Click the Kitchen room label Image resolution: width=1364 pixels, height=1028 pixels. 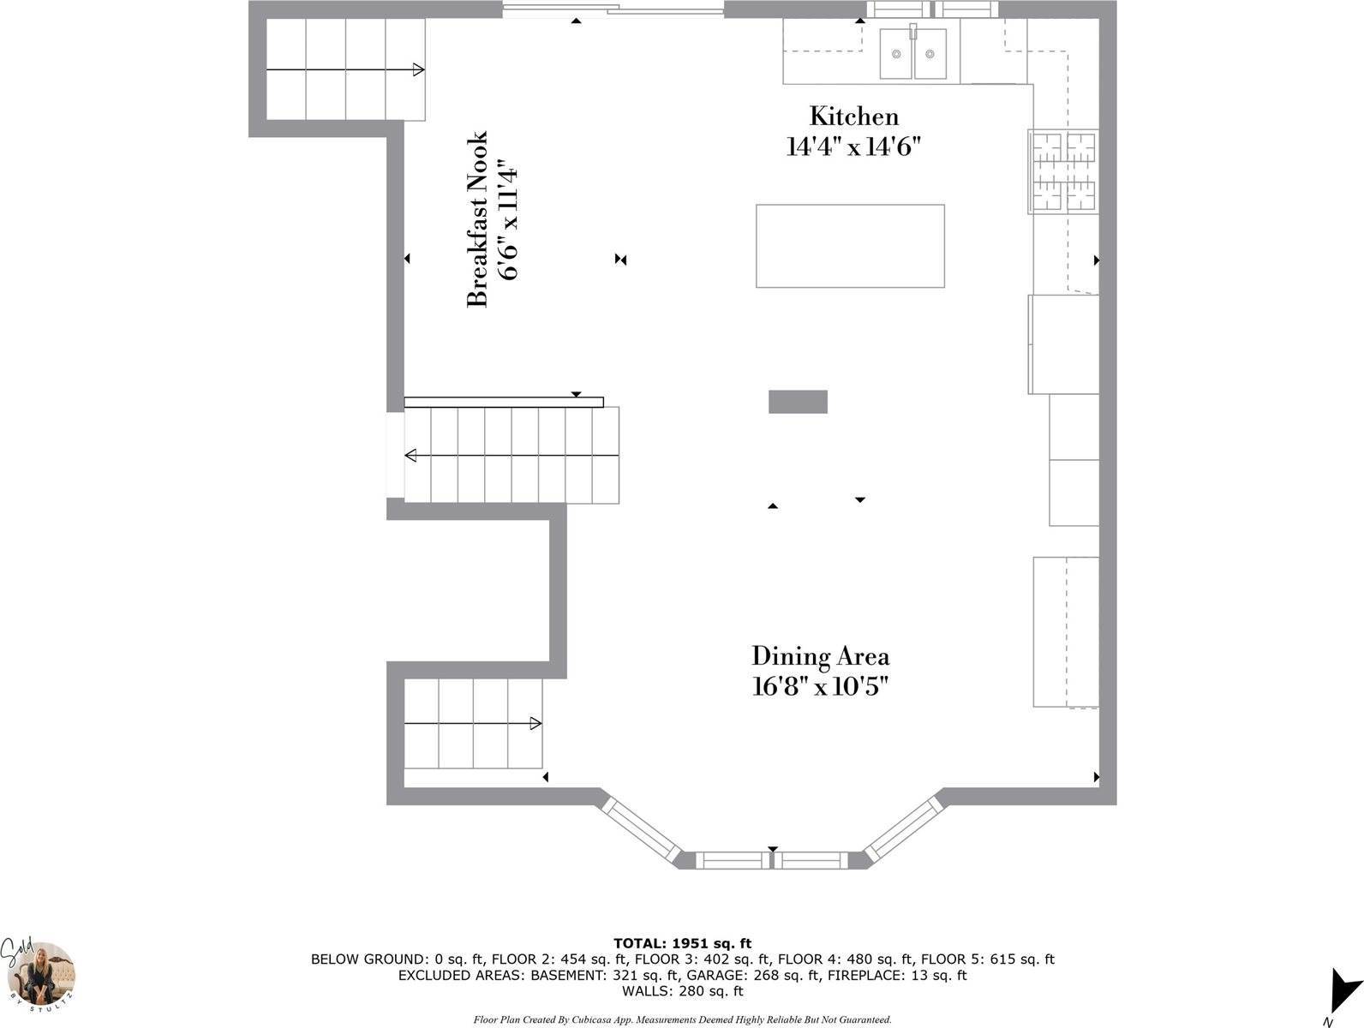click(854, 117)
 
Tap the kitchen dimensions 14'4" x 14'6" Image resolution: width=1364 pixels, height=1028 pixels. click(853, 147)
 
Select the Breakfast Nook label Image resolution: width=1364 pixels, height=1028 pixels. click(476, 219)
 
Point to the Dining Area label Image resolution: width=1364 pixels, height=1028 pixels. click(820, 656)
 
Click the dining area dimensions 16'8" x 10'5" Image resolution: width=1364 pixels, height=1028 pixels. click(820, 687)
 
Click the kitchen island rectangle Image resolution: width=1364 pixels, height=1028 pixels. click(850, 246)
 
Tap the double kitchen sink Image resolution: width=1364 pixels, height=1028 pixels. click(912, 53)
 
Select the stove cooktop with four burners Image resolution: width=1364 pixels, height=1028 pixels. click(1063, 171)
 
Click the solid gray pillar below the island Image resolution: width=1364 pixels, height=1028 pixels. click(798, 401)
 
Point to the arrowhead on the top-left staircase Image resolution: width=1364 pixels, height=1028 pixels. click(419, 69)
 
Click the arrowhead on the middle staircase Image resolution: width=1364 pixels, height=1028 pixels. click(410, 455)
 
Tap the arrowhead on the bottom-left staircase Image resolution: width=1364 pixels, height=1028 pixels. click(535, 723)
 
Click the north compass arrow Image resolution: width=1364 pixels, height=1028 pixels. click(1343, 990)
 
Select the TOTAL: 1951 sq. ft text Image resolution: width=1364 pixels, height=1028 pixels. click(682, 943)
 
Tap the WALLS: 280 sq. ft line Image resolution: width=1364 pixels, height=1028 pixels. click(682, 991)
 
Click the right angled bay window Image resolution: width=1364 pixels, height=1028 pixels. click(904, 828)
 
